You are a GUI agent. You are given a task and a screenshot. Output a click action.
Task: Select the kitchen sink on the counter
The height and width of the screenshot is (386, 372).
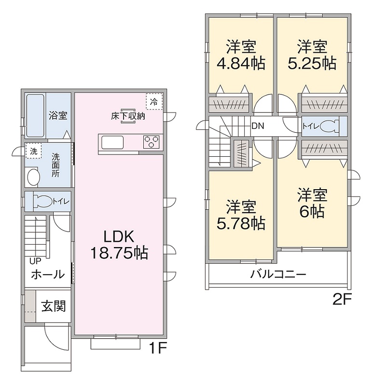(112, 143)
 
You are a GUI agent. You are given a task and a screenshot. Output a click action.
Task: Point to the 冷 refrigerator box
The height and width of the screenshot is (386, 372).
(154, 101)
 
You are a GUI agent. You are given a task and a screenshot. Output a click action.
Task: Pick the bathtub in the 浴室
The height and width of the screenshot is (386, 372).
(35, 115)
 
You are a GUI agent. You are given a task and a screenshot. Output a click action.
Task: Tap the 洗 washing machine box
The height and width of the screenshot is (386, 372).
(33, 151)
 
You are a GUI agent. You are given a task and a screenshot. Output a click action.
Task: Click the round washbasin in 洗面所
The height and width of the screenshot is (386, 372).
(33, 177)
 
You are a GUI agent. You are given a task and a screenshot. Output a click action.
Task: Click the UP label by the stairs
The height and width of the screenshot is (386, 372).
(35, 261)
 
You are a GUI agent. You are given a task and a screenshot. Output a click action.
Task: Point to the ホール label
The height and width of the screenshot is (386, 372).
(47, 275)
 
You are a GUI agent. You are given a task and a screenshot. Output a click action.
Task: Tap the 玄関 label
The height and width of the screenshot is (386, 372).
(53, 306)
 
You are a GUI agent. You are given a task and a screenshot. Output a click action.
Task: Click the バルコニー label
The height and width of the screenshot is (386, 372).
(278, 276)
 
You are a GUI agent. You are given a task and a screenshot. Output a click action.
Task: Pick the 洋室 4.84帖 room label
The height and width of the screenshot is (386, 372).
(241, 55)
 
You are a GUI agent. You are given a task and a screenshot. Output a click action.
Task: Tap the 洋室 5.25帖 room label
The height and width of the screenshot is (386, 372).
(312, 55)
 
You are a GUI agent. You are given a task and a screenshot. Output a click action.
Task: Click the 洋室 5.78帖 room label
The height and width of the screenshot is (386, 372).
(241, 215)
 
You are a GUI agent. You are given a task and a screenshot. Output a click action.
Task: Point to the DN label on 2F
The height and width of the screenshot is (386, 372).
(258, 126)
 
